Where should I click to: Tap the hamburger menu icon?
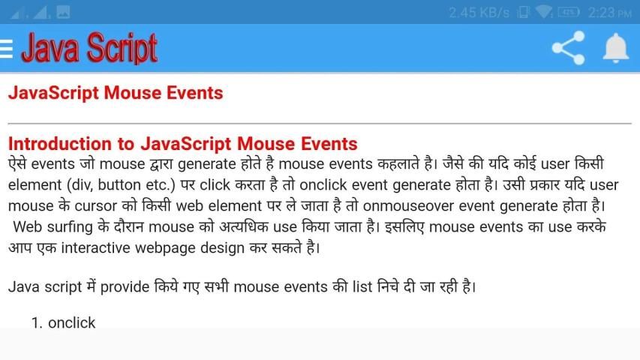(x=6, y=49)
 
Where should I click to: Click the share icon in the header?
(x=568, y=48)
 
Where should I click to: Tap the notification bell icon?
(x=615, y=48)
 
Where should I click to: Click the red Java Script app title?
(x=89, y=48)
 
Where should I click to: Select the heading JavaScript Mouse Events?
(x=116, y=93)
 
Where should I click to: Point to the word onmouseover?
(x=408, y=205)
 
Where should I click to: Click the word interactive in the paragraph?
(x=95, y=247)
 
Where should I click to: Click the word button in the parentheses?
(x=119, y=185)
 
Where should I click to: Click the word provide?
(x=125, y=287)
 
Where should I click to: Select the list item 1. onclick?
(x=63, y=322)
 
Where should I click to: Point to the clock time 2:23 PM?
(x=609, y=13)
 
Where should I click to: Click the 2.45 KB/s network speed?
(x=479, y=13)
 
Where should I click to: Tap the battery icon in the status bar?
(x=569, y=12)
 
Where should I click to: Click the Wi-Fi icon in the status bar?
(x=544, y=12)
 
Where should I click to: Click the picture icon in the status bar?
(x=63, y=12)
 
